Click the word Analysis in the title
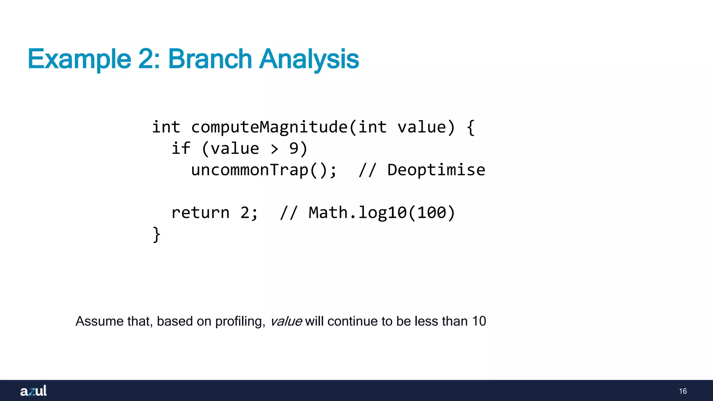[x=309, y=59]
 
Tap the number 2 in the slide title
[x=146, y=59]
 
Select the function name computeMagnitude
[x=269, y=127]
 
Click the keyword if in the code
[x=181, y=149]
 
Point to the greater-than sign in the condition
[x=274, y=149]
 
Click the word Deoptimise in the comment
[x=436, y=170]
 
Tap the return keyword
[x=200, y=213]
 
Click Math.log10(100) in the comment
[x=382, y=213]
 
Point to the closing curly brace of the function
[x=156, y=234]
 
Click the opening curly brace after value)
[x=470, y=127]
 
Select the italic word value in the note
[x=286, y=321]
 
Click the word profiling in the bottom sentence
[x=240, y=321]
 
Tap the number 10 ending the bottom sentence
[x=479, y=321]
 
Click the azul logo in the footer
[x=33, y=391]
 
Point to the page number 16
[x=683, y=391]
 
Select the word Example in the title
[x=79, y=59]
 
